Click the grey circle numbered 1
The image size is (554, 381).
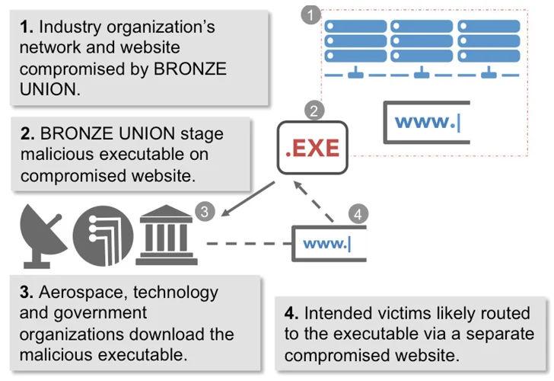coord(310,14)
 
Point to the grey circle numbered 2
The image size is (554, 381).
coord(314,111)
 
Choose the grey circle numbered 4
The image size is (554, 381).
coord(356,215)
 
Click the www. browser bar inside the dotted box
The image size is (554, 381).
coord(427,122)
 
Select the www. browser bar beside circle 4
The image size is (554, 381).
coord(327,243)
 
